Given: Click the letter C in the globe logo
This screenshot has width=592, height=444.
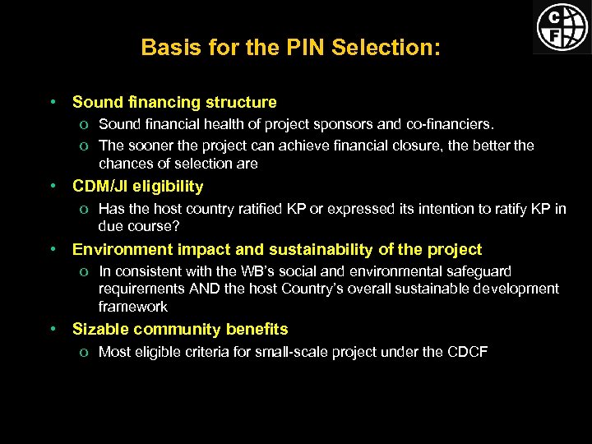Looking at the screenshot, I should pyautogui.click(x=556, y=16).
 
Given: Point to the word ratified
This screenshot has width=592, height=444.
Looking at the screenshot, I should pyautogui.click(x=254, y=209).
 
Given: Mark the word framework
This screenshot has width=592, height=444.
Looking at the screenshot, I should pyautogui.click(x=132, y=307).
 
